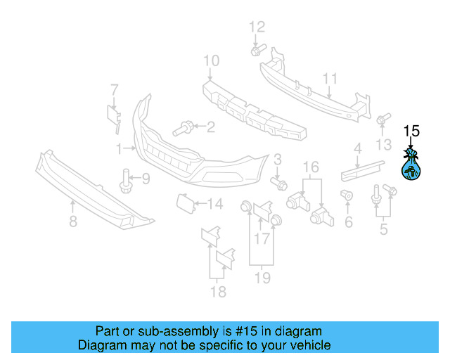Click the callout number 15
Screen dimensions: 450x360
coord(411,131)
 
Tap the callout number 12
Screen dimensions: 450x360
coord(257,27)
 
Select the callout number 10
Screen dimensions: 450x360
coord(211,61)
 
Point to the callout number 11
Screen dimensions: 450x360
coord(330,78)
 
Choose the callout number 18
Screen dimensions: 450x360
coord(219,292)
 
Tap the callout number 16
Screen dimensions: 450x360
coord(311,167)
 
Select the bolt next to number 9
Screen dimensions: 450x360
coord(125,180)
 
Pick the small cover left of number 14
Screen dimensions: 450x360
coord(184,204)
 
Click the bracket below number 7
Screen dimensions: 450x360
coord(112,116)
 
